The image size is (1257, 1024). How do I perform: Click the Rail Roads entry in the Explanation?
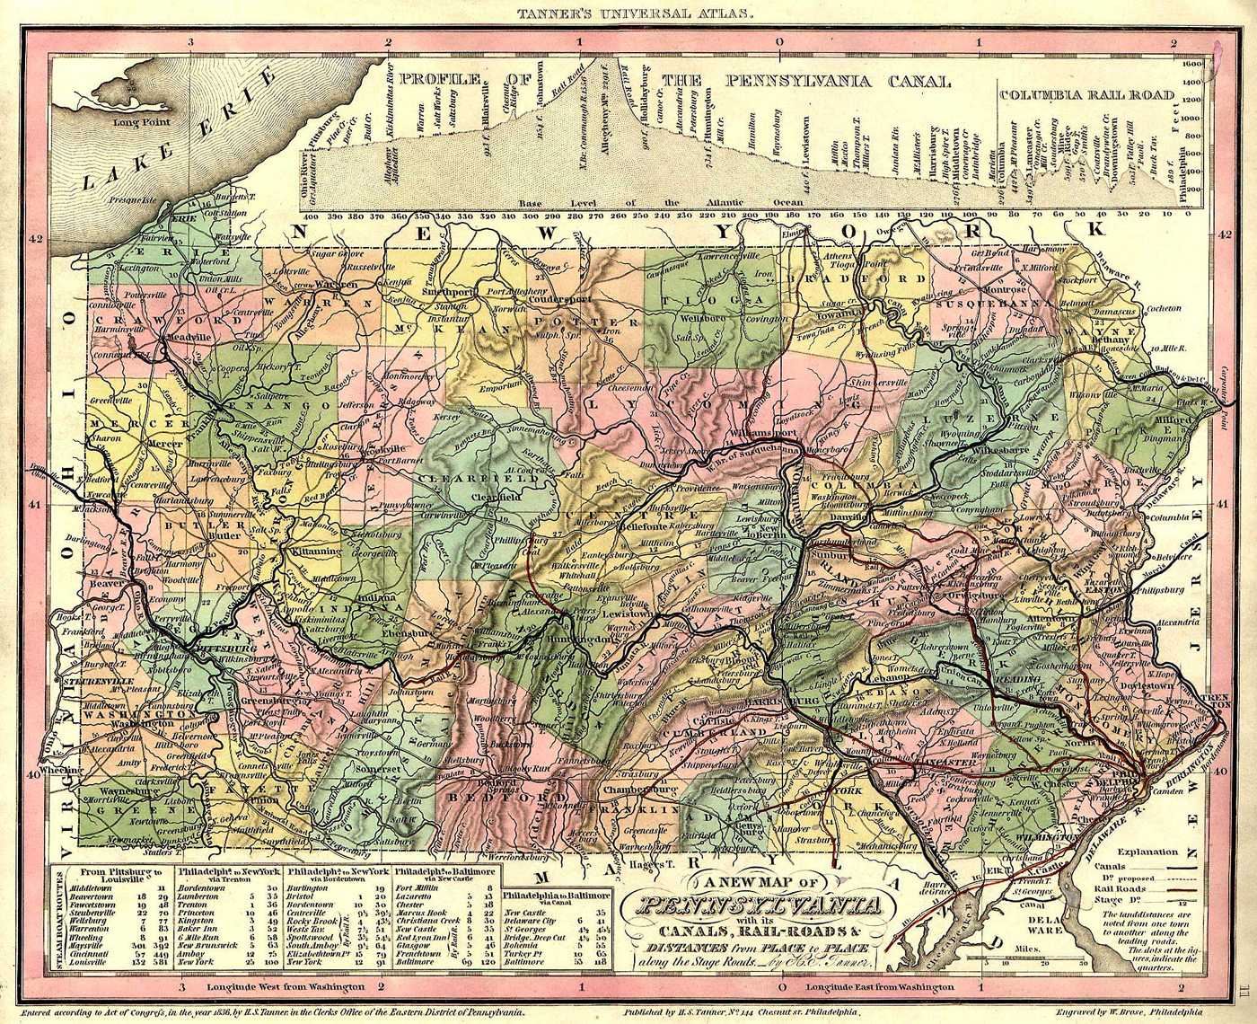click(x=1126, y=886)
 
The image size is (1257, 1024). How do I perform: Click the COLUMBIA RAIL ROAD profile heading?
click(x=1086, y=93)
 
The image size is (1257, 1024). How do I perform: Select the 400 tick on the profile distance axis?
click(x=312, y=216)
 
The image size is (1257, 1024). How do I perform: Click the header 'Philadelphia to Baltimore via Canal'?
click(x=557, y=901)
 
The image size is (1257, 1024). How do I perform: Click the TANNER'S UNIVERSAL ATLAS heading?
click(x=628, y=13)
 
